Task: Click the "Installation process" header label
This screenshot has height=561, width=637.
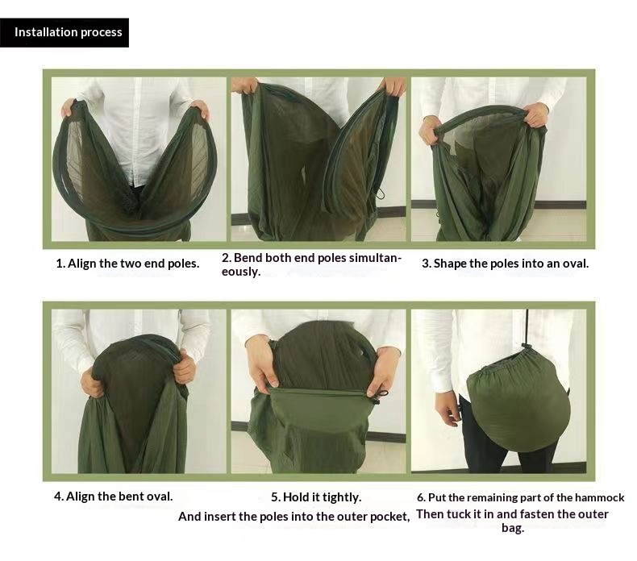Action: [69, 32]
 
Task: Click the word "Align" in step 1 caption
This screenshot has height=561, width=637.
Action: [82, 264]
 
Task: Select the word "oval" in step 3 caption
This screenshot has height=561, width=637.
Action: [575, 264]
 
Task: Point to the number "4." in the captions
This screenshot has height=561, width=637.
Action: [59, 496]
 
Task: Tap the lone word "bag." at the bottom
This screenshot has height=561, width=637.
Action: [513, 528]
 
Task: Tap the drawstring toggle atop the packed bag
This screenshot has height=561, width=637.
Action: [527, 346]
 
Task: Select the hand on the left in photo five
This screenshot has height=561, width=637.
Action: [262, 363]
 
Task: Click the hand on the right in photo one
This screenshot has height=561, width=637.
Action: [200, 108]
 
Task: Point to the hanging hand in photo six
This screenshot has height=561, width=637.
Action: [448, 408]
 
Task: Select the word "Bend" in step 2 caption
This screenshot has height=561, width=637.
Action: [248, 258]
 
